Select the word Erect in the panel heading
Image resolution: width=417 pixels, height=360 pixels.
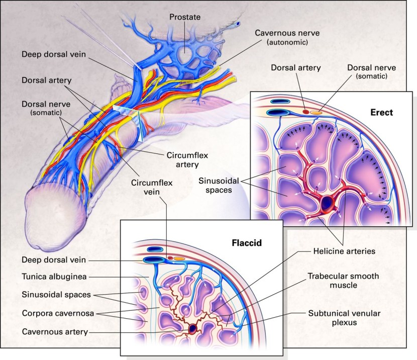380,112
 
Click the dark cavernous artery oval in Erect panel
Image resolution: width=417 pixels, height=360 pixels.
328,204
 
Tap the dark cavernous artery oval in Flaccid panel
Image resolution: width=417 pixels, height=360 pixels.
193,329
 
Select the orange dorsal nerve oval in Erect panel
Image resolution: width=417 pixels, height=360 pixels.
316,112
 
